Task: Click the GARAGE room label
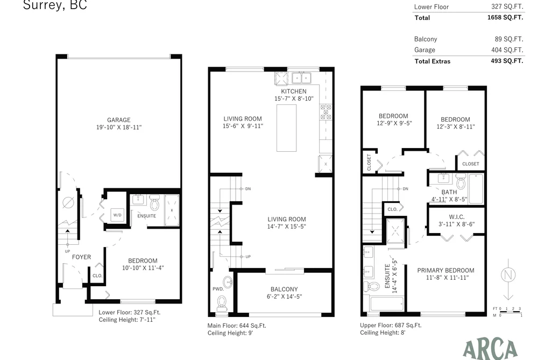[x=118, y=120]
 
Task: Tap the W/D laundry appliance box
[x=117, y=215]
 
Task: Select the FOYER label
[x=81, y=257]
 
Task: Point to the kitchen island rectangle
[x=286, y=128]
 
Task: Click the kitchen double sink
[x=301, y=77]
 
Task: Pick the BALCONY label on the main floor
[x=284, y=289]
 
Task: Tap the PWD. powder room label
[x=218, y=289]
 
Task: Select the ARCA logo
[x=491, y=349]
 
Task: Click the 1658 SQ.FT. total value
[x=505, y=17]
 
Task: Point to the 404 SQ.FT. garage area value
[x=507, y=50]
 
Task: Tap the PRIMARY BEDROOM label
[x=445, y=270]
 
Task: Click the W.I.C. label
[x=456, y=217]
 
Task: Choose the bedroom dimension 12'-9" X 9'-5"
[x=394, y=123]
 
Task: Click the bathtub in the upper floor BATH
[x=476, y=189]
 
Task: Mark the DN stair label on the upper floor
[x=405, y=189]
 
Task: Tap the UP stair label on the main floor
[x=248, y=257]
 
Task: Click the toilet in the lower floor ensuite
[x=154, y=203]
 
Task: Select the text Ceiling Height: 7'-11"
[x=127, y=320]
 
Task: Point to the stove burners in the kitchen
[x=325, y=112]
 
